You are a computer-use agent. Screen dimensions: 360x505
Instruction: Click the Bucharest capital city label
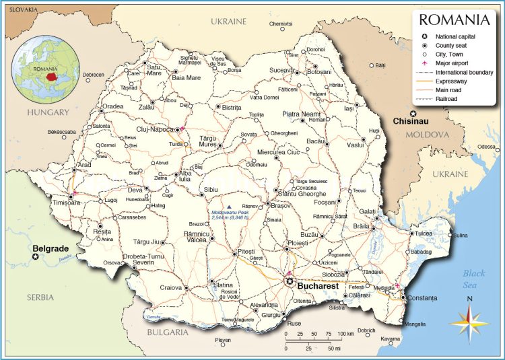click(x=318, y=286)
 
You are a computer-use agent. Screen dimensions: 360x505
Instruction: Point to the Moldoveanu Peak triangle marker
click(x=230, y=207)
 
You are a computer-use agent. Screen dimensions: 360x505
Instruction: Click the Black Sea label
click(x=473, y=278)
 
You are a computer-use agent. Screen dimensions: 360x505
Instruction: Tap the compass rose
click(x=469, y=320)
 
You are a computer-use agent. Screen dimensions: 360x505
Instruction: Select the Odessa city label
click(x=486, y=147)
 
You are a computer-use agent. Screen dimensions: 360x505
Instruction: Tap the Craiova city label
click(x=171, y=287)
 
